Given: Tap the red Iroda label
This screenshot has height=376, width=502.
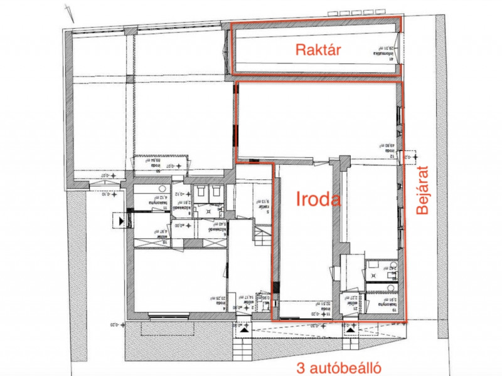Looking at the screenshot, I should pos(318,200).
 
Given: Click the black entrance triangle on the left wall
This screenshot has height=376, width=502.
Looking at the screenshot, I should pos(118,221).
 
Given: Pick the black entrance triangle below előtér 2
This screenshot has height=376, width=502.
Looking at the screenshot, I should pos(243,328).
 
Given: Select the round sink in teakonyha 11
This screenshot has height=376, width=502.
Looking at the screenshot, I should pos(162,189).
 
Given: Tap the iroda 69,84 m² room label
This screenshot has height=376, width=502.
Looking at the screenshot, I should pos(152,164).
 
